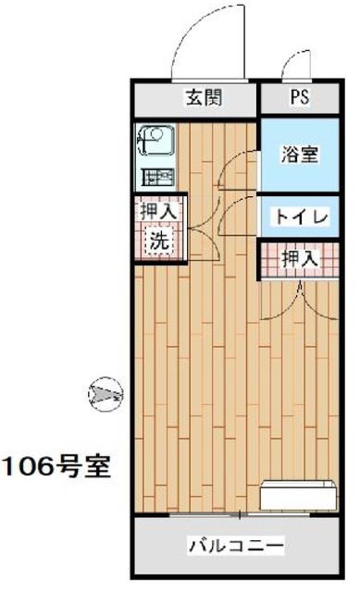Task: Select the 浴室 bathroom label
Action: click(300, 154)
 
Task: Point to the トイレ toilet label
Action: click(299, 218)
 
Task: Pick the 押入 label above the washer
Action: click(158, 212)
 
